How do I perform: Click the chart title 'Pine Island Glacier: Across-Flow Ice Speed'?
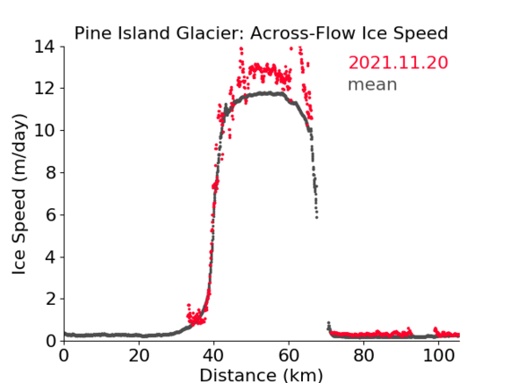[261, 33]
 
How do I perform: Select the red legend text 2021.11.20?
[398, 63]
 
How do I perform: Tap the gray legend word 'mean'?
[373, 84]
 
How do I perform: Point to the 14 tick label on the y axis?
[45, 48]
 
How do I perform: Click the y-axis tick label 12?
[45, 88]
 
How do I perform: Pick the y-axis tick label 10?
[45, 130]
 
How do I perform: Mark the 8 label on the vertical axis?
[50, 172]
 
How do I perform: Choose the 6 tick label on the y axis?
[50, 214]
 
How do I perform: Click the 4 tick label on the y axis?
[50, 257]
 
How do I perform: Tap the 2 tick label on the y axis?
[50, 299]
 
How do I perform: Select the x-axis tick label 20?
[139, 356]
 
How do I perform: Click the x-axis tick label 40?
[214, 356]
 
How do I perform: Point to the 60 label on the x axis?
[289, 356]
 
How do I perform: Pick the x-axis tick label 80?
[364, 356]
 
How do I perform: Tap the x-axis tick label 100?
[438, 356]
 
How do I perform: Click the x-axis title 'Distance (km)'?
[261, 375]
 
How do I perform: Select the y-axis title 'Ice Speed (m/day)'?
[19, 194]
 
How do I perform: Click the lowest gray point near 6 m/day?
[316, 217]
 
